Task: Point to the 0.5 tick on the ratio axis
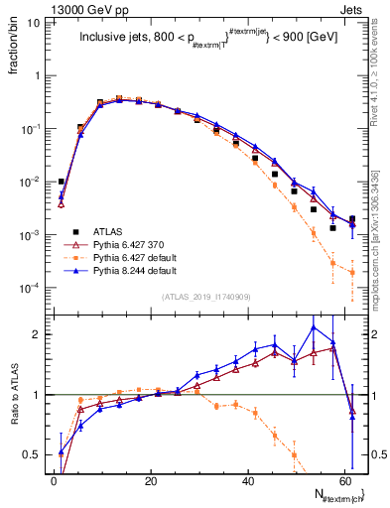point(34,454)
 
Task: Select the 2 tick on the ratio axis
point(38,334)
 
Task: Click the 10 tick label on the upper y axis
point(35,22)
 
